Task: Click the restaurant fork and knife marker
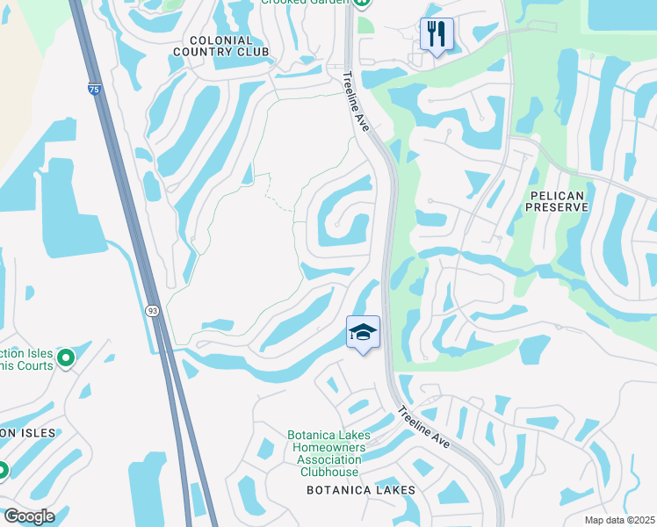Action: click(437, 35)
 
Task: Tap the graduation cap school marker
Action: click(363, 333)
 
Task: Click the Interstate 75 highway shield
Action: click(94, 89)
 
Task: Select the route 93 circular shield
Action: click(152, 310)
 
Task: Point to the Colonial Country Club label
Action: click(220, 46)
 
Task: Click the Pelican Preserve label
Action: click(556, 199)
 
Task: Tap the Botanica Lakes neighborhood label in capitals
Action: click(360, 490)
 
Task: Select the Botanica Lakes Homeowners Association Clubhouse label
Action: click(329, 453)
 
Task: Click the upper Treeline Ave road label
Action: click(358, 103)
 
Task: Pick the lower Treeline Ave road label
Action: click(424, 427)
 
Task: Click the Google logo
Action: click(28, 516)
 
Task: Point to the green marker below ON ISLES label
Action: click(3, 470)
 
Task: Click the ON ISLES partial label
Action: click(27, 433)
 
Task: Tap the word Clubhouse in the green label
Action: click(329, 472)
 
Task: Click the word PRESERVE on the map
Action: click(556, 206)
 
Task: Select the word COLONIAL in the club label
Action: click(220, 40)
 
